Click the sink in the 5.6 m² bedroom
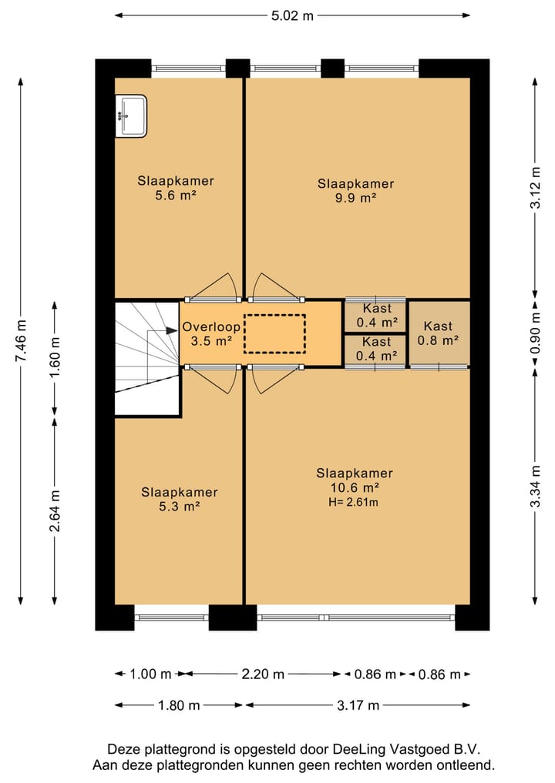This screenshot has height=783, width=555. pyautogui.click(x=131, y=115)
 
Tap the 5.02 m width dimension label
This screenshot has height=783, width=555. pyautogui.click(x=292, y=15)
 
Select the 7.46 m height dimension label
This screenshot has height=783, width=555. pyautogui.click(x=21, y=341)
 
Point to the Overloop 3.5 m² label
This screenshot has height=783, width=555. pyautogui.click(x=211, y=334)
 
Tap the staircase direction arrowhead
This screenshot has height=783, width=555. pyautogui.click(x=171, y=330)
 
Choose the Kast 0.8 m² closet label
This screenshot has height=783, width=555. pyautogui.click(x=438, y=333)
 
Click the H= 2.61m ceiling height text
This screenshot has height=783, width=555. pyautogui.click(x=353, y=502)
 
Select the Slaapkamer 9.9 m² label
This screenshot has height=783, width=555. pyautogui.click(x=355, y=191)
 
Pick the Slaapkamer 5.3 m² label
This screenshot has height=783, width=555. pyautogui.click(x=180, y=500)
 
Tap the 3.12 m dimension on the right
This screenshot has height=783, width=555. pyautogui.click(x=536, y=188)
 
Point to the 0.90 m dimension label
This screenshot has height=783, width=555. pyautogui.click(x=536, y=333)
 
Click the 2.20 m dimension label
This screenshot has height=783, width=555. pyautogui.click(x=263, y=674)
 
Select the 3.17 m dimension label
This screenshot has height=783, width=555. pyautogui.click(x=358, y=705)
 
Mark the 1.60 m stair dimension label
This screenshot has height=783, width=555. pyautogui.click(x=55, y=358)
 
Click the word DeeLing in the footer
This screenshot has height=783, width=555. pyautogui.click(x=359, y=750)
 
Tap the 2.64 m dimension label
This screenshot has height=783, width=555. pyautogui.click(x=55, y=511)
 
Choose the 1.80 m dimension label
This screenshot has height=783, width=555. pyautogui.click(x=179, y=705)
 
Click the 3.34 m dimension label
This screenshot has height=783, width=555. pyautogui.click(x=536, y=487)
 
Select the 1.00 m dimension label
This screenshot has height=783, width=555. pyautogui.click(x=150, y=674)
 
